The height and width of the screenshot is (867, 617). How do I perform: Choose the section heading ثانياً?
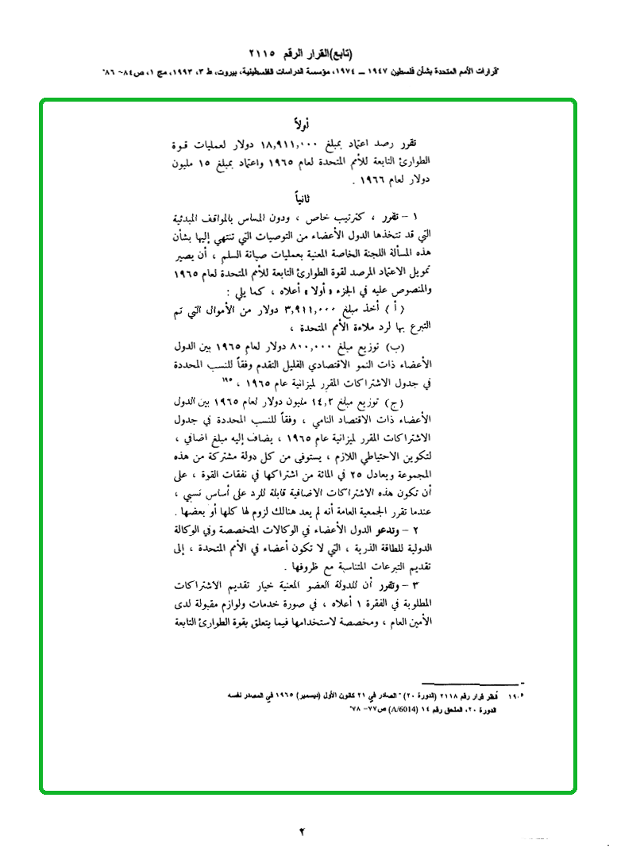coord(303,196)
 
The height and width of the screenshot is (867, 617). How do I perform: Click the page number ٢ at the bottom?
coord(303,831)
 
